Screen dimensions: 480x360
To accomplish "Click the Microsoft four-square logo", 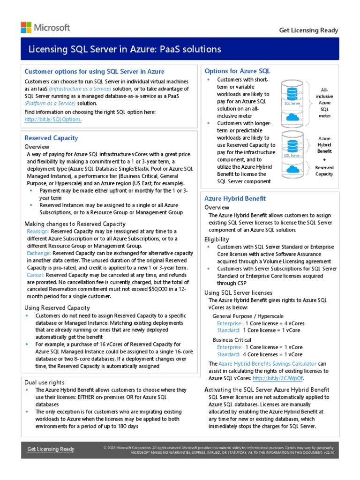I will tap(26, 27).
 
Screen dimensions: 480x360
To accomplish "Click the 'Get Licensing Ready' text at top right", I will tap(308, 30).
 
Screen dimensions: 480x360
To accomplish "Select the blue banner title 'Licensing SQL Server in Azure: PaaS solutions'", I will tap(125, 49).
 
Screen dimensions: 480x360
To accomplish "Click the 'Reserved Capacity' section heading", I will tap(51, 138).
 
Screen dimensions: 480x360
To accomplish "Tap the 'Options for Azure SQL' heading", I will tap(237, 71).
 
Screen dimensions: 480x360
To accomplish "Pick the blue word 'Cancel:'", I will tap(36, 275).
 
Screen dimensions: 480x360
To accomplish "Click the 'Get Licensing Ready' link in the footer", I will tap(51, 449).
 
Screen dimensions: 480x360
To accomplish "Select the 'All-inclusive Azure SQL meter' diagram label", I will tap(324, 102).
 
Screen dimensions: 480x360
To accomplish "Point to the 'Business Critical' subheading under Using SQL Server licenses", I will tap(232, 340).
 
